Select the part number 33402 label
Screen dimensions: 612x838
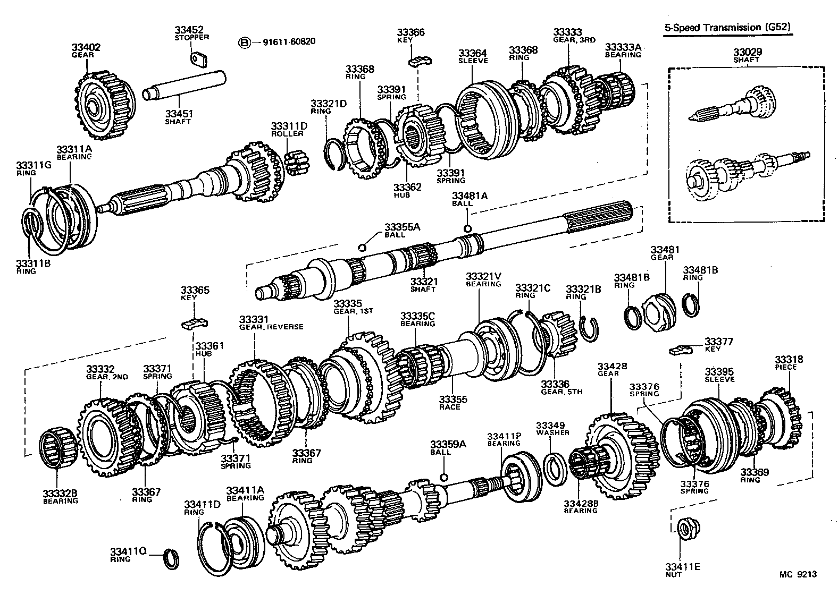pyautogui.click(x=86, y=47)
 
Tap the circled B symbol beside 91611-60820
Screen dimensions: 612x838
pyautogui.click(x=244, y=42)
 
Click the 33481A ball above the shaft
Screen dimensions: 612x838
pyautogui.click(x=467, y=228)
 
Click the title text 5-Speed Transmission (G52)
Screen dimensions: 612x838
pyautogui.click(x=727, y=28)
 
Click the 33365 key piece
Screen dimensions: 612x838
pyautogui.click(x=195, y=322)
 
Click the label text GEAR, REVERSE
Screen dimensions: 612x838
pyautogui.click(x=271, y=327)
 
